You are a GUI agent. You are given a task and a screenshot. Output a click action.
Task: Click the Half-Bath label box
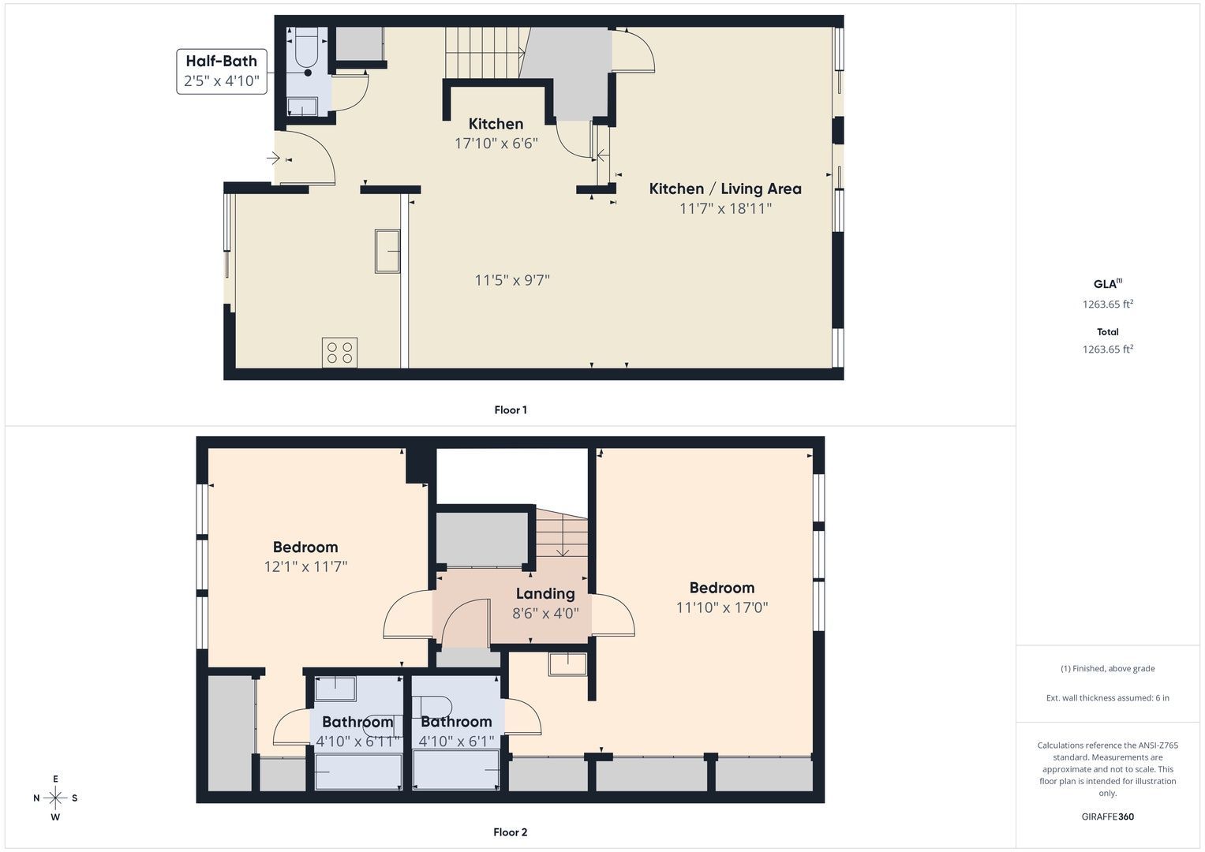click(x=222, y=72)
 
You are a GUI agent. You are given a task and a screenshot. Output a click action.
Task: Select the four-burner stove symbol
click(x=339, y=353)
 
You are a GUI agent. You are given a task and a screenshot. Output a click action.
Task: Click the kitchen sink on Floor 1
click(x=387, y=251)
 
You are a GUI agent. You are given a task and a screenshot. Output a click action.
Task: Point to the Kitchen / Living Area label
click(x=725, y=189)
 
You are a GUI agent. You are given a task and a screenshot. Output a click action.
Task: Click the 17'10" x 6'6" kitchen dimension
click(x=496, y=144)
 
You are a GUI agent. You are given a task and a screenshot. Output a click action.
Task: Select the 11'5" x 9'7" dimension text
click(x=512, y=280)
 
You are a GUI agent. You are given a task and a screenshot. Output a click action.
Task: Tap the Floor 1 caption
click(x=511, y=410)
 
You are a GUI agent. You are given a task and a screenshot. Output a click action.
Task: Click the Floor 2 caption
click(x=511, y=832)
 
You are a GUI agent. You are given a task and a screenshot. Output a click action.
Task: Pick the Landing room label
click(x=545, y=593)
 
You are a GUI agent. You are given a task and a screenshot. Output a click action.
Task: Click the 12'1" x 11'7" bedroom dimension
click(x=305, y=566)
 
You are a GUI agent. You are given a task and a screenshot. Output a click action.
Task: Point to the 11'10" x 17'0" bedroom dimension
click(x=722, y=607)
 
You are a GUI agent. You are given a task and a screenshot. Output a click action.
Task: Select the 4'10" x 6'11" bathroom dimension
click(x=357, y=742)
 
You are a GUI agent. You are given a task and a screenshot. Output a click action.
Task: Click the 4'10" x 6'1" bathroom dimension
click(x=456, y=742)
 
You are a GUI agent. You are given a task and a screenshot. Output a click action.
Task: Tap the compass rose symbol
click(x=55, y=798)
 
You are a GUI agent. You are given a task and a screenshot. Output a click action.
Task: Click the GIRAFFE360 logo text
click(x=1108, y=816)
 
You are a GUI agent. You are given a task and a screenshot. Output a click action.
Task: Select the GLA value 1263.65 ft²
click(x=1108, y=304)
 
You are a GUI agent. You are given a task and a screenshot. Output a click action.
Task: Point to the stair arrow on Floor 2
click(x=563, y=535)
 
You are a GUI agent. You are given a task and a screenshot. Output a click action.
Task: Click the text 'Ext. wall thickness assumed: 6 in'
click(x=1108, y=697)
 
